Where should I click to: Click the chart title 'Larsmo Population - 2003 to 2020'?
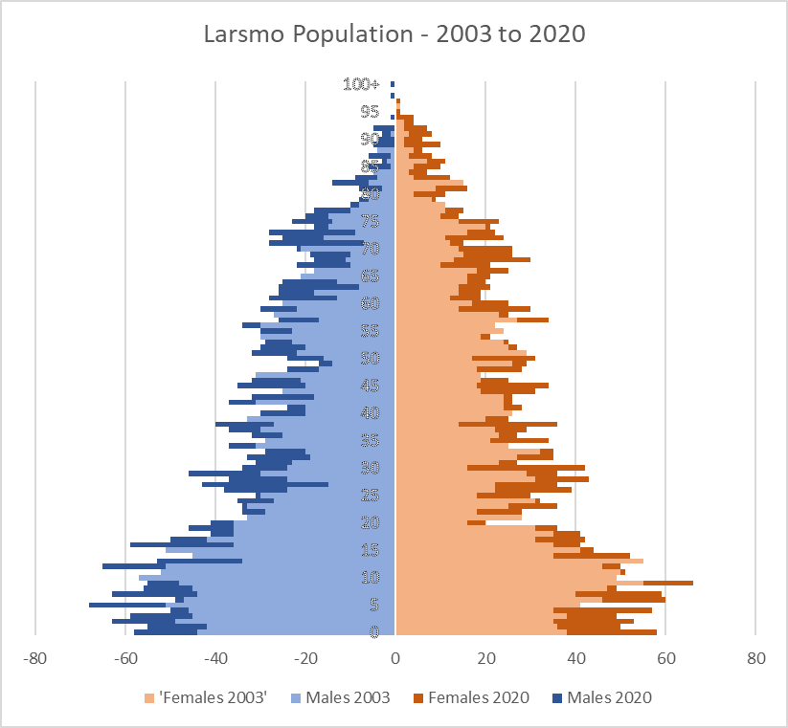point(394,33)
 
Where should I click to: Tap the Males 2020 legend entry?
point(609,697)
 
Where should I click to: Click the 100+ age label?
point(368,84)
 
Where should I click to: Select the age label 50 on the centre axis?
point(370,359)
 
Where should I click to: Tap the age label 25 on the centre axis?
point(370,496)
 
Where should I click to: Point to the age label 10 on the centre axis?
point(370,578)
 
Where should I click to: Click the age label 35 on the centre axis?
point(370,441)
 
